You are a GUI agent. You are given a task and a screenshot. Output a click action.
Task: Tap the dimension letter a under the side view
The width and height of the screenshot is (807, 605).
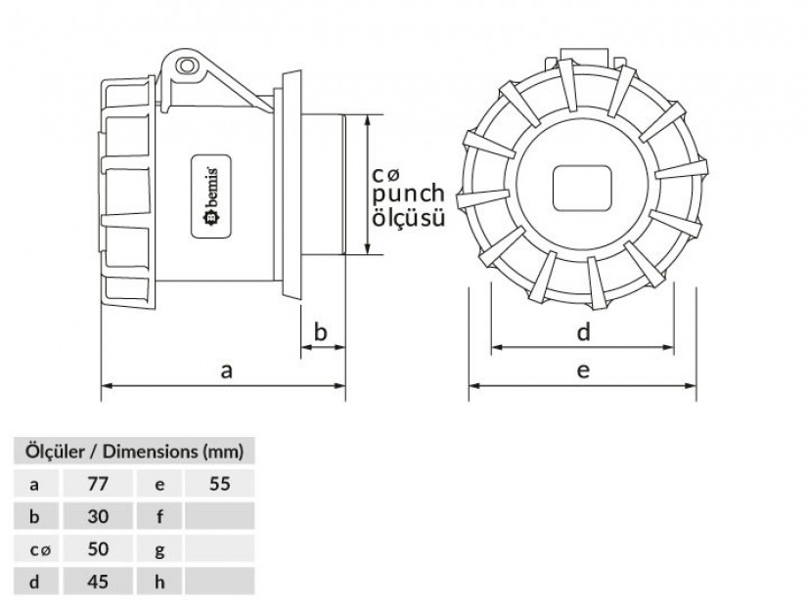tap(227, 370)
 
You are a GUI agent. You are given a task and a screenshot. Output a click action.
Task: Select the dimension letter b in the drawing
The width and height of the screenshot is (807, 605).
tap(320, 332)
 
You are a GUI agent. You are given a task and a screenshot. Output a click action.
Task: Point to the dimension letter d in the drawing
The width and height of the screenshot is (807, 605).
tap(583, 332)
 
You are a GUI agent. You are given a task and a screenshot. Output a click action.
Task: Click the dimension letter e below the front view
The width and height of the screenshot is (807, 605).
tap(583, 370)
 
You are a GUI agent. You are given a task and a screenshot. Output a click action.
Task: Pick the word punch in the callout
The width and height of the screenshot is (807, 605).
tap(408, 194)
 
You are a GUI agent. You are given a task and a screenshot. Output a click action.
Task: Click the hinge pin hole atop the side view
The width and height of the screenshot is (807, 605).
tap(188, 66)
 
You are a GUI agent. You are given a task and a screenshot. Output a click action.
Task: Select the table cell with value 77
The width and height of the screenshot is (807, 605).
tap(97, 483)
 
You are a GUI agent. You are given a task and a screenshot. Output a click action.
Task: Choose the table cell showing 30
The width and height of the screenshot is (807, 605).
tap(97, 515)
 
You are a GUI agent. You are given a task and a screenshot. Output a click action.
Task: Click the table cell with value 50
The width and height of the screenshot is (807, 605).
tap(97, 549)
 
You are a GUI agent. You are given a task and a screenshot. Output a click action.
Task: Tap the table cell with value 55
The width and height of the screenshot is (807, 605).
tap(219, 483)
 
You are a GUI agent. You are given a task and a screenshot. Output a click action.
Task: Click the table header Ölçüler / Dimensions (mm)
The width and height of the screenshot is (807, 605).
tap(134, 452)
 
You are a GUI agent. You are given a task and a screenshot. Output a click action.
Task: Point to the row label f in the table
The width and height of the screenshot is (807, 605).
tap(160, 515)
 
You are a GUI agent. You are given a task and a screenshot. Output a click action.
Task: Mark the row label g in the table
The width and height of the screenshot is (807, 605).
tap(160, 549)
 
